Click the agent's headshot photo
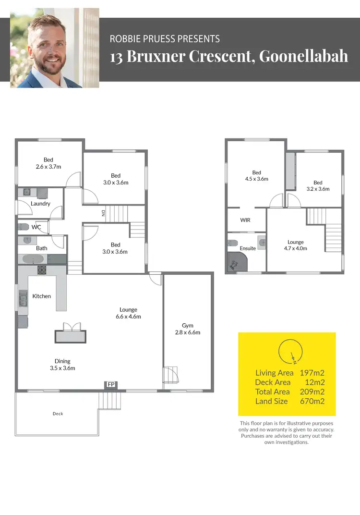[54, 48]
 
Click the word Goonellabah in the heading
[303, 56]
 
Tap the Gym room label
[188, 325]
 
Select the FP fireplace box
[111, 384]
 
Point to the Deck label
[58, 414]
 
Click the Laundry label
[41, 204]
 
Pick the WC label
[36, 227]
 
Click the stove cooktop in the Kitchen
[42, 270]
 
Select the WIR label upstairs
[245, 220]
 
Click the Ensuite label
[248, 248]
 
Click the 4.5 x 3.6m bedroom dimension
[256, 179]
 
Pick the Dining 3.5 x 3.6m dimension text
[62, 368]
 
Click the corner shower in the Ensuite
[237, 262]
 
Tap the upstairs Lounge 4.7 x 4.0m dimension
[296, 248]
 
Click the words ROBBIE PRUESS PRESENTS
[165, 38]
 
